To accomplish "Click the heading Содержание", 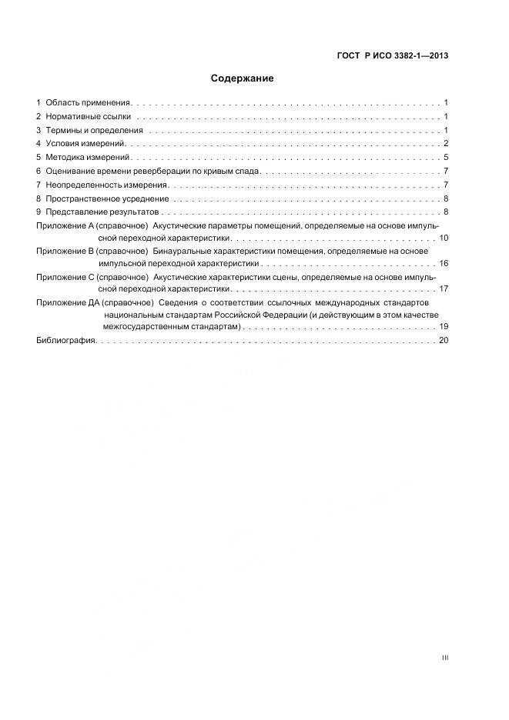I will point(242,78).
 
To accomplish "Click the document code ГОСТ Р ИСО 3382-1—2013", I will point(393,55).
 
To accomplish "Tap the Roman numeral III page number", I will point(444,658).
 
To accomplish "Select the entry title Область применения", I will point(89,102).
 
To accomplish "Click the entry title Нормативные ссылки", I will point(88,116).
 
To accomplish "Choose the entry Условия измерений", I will point(85,144).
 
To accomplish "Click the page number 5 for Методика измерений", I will point(446,158).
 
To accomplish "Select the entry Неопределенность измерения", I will point(106,185).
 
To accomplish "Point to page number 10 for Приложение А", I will point(444,238).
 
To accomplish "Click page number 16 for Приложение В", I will point(444,263).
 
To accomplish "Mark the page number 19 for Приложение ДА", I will point(444,327).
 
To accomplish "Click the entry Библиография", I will point(65,341).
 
